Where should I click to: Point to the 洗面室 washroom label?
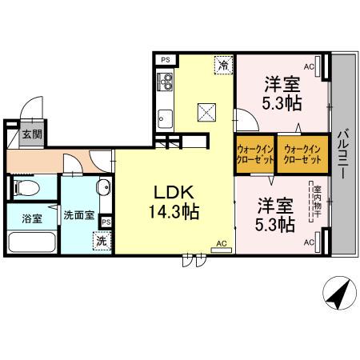pyautogui.click(x=79, y=215)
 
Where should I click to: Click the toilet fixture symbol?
pyautogui.click(x=23, y=189)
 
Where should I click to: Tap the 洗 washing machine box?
pyautogui.click(x=102, y=239)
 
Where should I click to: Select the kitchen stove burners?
pyautogui.click(x=165, y=81)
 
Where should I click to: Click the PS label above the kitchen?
pyautogui.click(x=166, y=59)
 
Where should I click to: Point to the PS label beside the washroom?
pyautogui.click(x=106, y=222)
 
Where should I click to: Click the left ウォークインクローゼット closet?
pyautogui.click(x=255, y=153)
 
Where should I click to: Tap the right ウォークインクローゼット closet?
pyautogui.click(x=303, y=153)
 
